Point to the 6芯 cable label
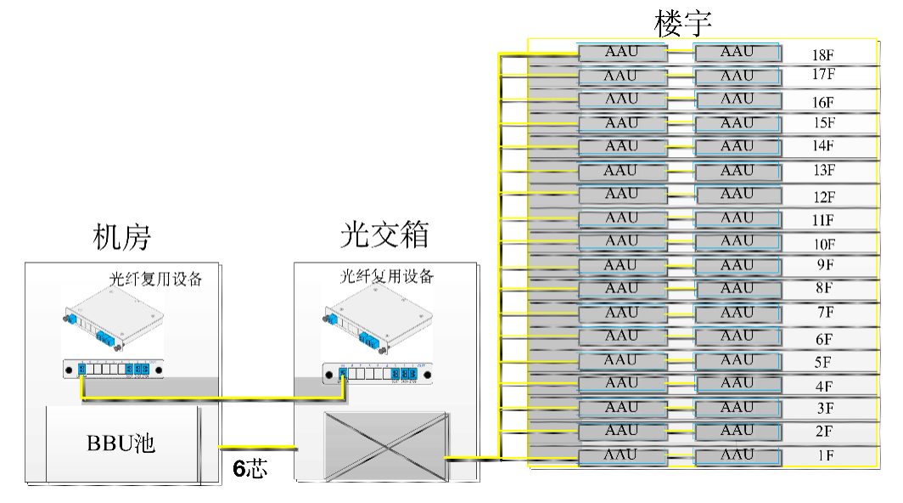coord(251,468)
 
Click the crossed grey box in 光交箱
coord(384,447)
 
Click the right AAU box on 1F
coord(737,455)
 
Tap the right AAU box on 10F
coord(737,242)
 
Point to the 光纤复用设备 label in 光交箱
coord(387,276)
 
